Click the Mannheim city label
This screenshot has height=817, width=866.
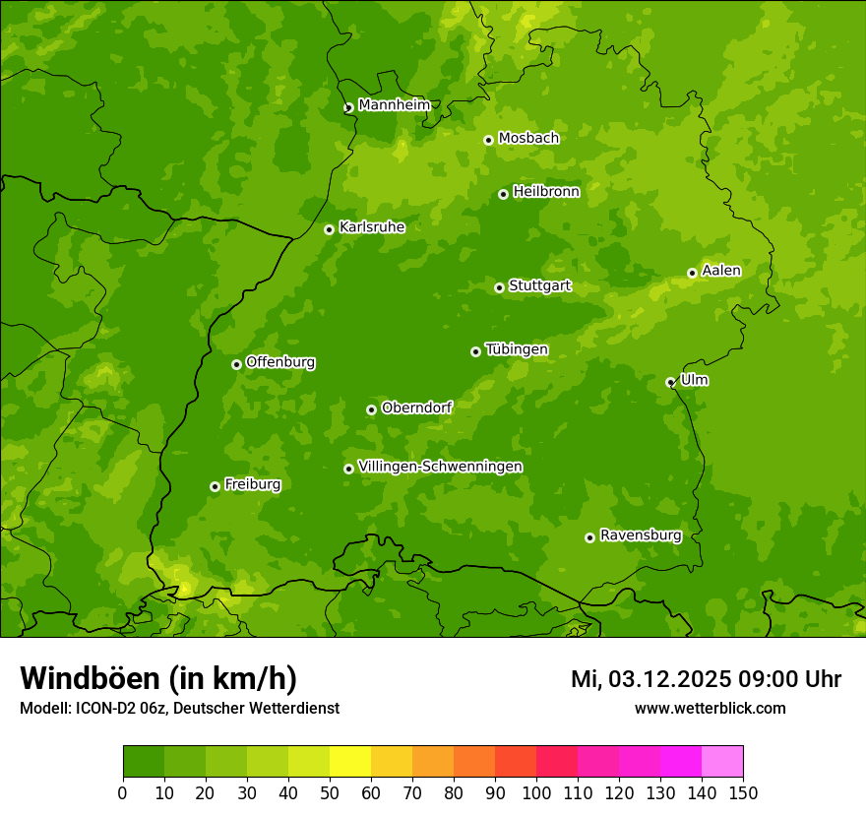point(394,105)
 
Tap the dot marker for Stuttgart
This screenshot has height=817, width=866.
point(499,287)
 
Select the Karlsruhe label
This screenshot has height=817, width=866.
point(372,227)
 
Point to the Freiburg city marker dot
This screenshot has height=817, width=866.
point(215,486)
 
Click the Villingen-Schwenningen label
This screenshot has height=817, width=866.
point(440,467)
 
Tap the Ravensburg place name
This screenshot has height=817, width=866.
point(641,535)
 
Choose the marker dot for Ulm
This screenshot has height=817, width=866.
point(670,382)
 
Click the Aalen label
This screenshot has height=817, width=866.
point(721,271)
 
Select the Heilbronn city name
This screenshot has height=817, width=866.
point(546,192)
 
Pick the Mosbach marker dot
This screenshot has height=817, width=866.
point(488,140)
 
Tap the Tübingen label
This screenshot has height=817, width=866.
point(517,349)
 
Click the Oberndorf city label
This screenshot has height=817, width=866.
point(416,408)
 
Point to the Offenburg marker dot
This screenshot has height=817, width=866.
point(236,364)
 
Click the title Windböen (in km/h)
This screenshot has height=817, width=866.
point(158,678)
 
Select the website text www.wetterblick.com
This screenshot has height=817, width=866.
point(710,708)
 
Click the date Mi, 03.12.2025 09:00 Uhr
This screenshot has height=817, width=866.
point(706,679)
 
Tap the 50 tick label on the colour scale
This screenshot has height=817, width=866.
point(330,793)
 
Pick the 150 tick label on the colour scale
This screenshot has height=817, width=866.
point(743,793)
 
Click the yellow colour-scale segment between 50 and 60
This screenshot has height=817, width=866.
point(350,761)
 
